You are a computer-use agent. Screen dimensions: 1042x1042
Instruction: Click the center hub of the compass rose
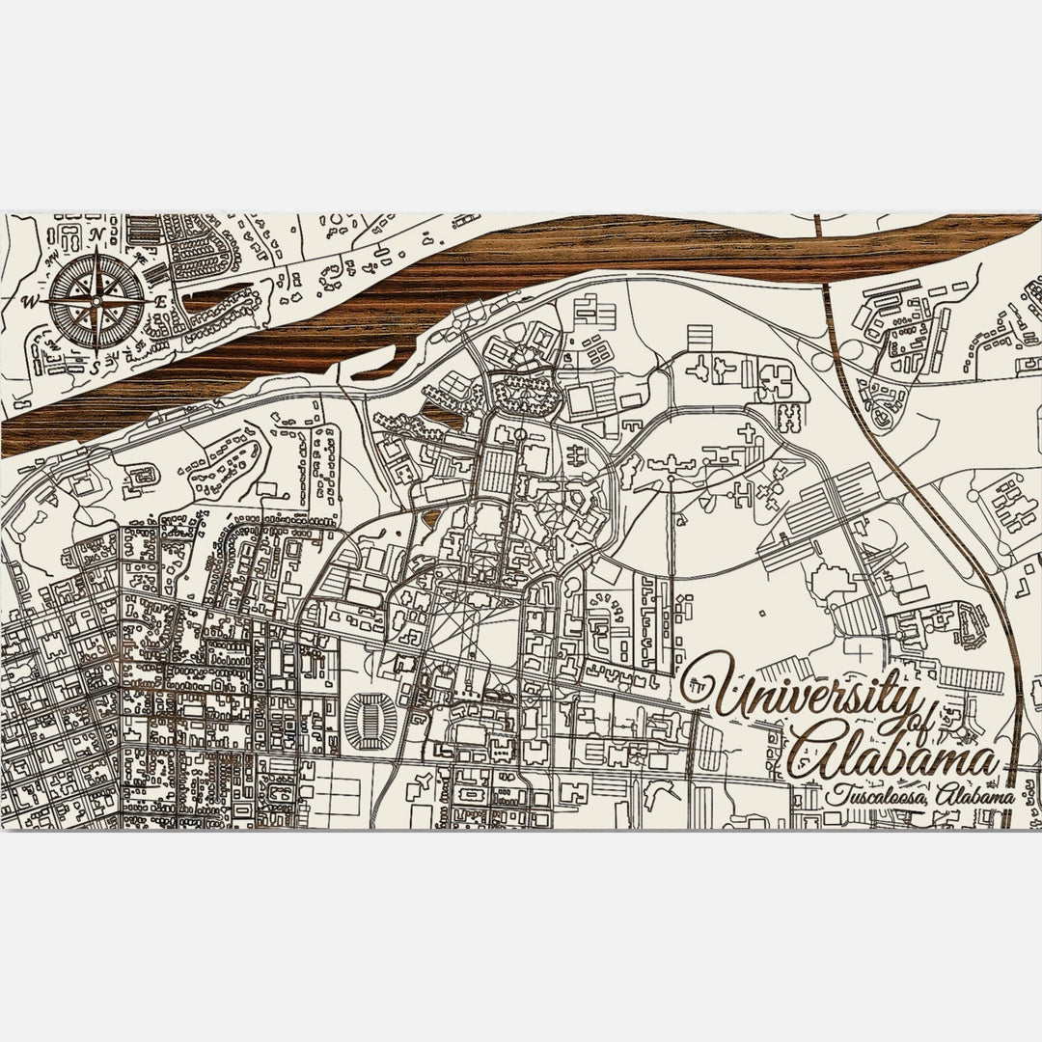coord(95,300)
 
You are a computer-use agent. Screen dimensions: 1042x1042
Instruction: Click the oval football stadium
coord(369,720)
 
